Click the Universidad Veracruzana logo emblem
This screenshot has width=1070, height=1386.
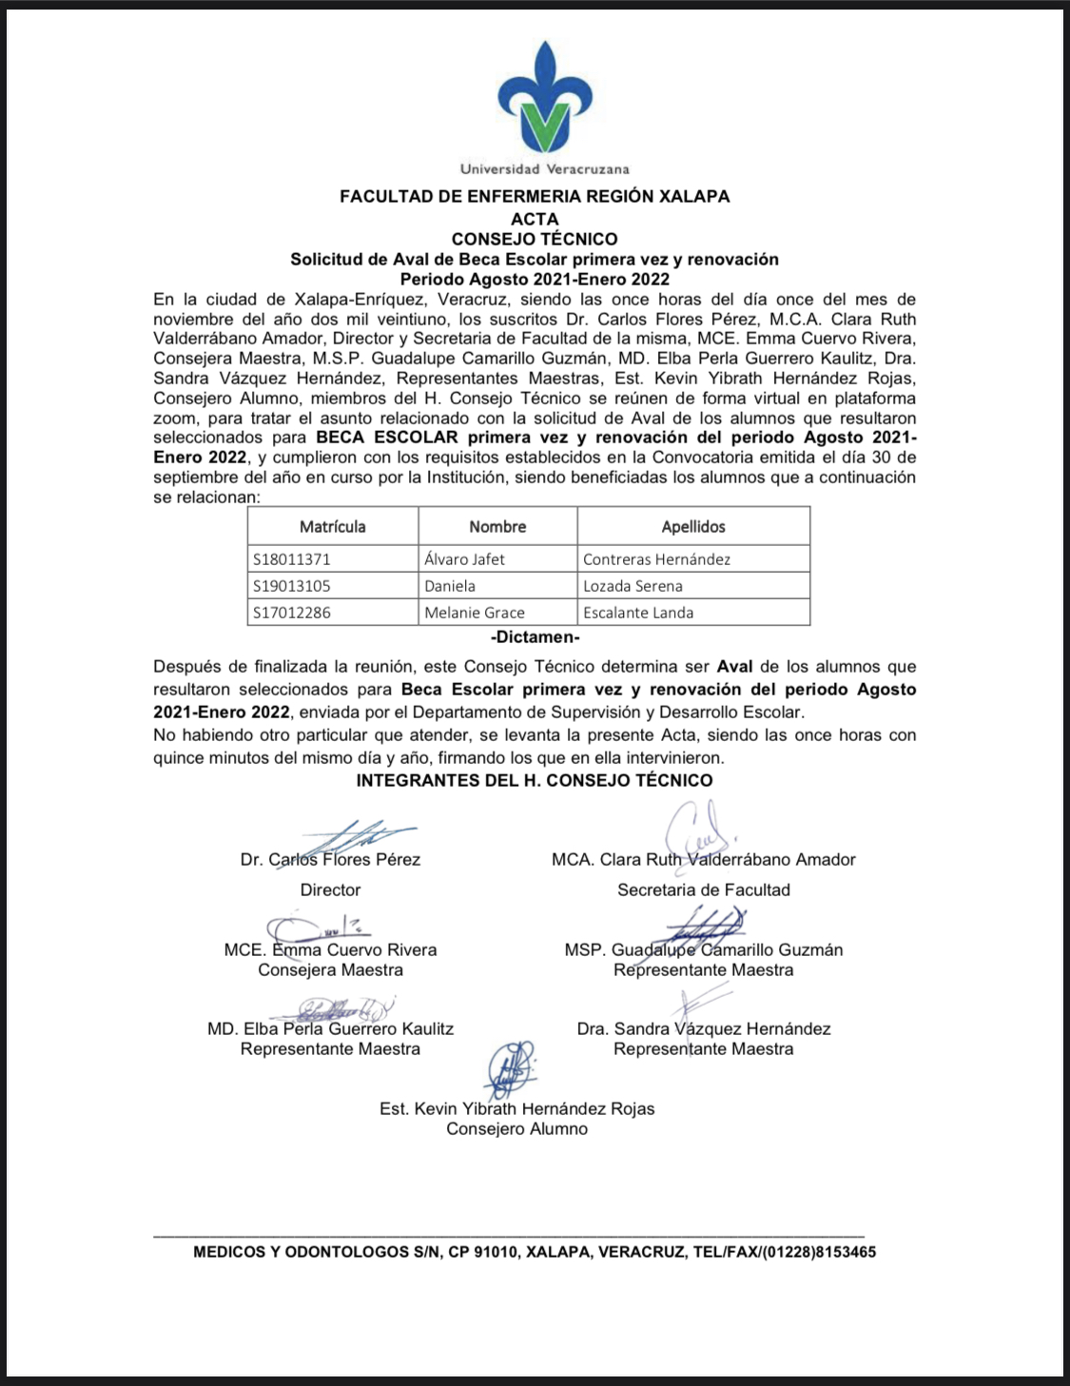(x=544, y=98)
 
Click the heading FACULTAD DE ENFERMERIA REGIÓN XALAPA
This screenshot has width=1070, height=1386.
(x=535, y=197)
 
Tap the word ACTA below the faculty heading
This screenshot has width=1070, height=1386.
(x=535, y=219)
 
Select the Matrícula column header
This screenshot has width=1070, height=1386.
(x=332, y=526)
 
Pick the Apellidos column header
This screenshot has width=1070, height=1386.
(x=693, y=526)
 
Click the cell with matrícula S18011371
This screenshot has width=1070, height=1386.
(x=292, y=559)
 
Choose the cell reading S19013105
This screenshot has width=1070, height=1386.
(x=292, y=586)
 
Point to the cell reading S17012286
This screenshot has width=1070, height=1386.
(x=292, y=613)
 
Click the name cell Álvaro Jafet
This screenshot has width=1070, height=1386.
(x=464, y=559)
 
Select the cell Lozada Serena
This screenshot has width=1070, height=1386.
(x=632, y=586)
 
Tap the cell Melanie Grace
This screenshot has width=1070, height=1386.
(x=475, y=613)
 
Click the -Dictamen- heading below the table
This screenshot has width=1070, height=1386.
(x=535, y=637)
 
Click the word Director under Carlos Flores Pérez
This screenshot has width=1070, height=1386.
(x=330, y=890)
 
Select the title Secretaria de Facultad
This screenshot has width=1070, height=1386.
(x=703, y=890)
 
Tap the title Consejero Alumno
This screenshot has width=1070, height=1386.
(x=516, y=1129)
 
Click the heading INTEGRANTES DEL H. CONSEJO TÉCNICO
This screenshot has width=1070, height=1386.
(x=535, y=781)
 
